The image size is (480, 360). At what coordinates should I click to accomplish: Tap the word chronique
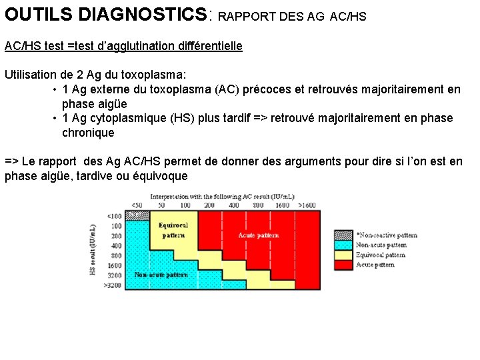pos(88,133)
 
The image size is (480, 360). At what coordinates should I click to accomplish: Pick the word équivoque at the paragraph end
pos(159,176)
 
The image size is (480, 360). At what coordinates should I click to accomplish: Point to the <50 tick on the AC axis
pos(137,205)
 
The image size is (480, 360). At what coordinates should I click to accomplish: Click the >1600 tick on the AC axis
pos(306,205)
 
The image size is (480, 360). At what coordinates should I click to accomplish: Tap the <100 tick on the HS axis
pos(115,215)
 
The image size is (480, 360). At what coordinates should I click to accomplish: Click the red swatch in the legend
pos(343,265)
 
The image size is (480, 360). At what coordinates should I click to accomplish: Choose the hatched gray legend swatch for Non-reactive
pos(343,235)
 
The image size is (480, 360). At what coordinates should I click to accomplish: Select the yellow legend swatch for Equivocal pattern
pos(343,255)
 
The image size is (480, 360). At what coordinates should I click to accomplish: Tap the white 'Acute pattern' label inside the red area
pos(259,235)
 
